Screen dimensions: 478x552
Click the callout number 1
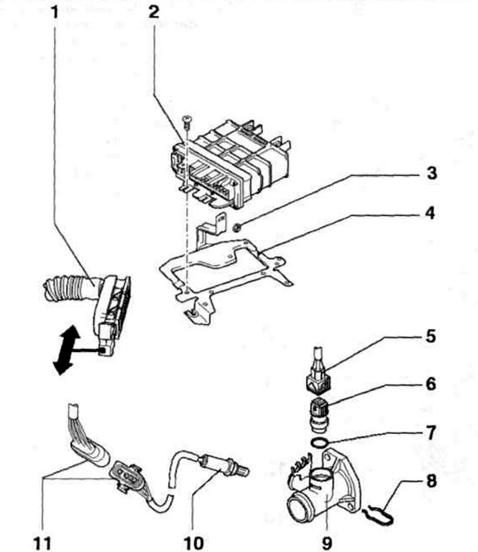point(54,13)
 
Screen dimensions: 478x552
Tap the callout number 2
point(154,13)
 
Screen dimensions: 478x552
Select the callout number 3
point(432,173)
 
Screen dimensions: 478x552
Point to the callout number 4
point(429,213)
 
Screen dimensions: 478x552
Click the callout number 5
point(430,336)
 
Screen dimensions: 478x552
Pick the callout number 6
point(430,384)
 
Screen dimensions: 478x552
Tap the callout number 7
point(431,433)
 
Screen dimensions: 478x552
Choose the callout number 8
point(431,480)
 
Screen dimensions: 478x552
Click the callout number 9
point(327,543)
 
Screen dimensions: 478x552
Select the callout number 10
point(194,543)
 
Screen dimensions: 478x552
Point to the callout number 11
point(42,543)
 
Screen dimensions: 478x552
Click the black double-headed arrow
point(66,350)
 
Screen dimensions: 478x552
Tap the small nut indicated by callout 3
point(237,228)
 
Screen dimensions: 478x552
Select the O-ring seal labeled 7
point(319,443)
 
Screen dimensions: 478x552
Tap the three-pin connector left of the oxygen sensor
point(126,476)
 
